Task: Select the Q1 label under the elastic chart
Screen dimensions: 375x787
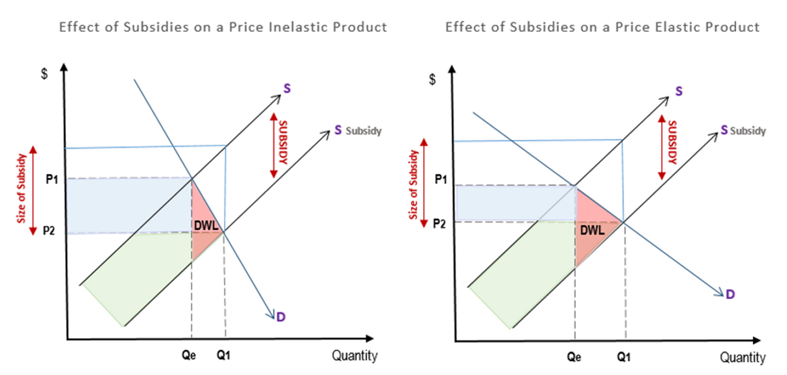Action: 624,357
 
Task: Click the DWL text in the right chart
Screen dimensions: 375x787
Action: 592,231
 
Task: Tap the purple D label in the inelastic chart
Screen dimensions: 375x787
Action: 280,316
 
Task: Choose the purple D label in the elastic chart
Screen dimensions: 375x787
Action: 730,294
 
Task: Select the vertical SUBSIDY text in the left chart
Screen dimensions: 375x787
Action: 283,142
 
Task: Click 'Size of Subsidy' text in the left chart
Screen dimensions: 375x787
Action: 22,188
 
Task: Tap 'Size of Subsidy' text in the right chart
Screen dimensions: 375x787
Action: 414,184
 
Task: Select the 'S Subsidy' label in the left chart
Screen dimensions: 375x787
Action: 357,131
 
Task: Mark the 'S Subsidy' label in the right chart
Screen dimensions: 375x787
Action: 743,131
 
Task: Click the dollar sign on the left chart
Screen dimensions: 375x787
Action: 45,74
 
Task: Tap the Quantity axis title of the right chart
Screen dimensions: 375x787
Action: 742,357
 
